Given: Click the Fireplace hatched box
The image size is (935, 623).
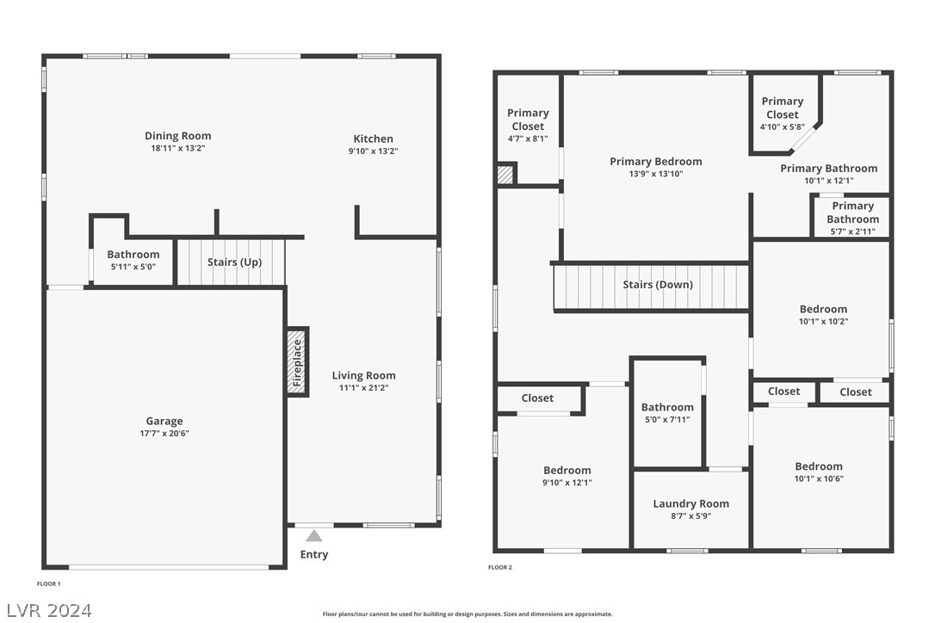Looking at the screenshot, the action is (x=298, y=362).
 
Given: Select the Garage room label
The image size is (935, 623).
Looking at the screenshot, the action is (x=164, y=421).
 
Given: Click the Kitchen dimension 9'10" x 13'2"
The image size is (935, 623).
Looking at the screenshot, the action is (x=374, y=151).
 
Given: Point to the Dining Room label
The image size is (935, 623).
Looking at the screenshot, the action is (x=177, y=136).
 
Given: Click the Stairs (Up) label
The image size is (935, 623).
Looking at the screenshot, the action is (x=234, y=262).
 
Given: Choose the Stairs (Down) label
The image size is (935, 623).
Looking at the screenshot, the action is (x=658, y=285).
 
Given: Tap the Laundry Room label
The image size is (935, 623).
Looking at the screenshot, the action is (x=691, y=503).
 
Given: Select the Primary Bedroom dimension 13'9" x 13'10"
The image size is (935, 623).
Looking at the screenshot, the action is (x=656, y=174).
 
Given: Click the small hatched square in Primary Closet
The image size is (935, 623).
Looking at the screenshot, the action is (x=505, y=175).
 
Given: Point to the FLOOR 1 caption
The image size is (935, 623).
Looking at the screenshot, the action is (x=49, y=584).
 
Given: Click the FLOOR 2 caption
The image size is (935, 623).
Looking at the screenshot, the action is (x=500, y=568).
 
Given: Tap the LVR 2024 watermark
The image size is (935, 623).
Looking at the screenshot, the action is (x=49, y=610).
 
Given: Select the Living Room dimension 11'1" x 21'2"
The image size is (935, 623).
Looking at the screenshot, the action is (x=363, y=388).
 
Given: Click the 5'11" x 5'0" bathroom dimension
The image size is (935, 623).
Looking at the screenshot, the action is (x=133, y=267).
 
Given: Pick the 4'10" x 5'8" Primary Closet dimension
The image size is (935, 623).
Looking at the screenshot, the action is (x=783, y=127).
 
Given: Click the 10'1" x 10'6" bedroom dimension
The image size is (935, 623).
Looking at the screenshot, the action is (x=819, y=478).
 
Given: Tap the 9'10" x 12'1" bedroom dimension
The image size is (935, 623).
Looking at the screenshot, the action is (x=567, y=483).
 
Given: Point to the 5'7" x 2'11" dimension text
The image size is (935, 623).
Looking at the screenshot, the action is (x=852, y=232).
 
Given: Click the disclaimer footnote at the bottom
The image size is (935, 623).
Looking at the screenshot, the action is (x=467, y=614).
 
